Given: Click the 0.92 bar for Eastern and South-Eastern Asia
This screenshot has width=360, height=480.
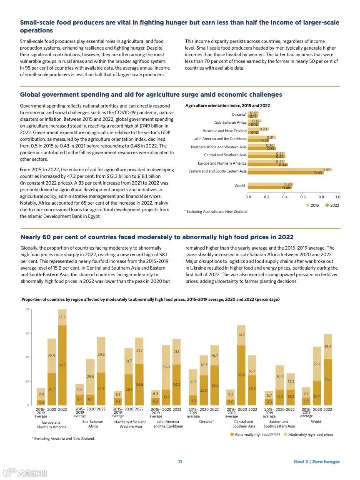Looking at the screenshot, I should point(289,170).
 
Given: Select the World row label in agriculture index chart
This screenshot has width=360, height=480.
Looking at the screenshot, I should point(239,186).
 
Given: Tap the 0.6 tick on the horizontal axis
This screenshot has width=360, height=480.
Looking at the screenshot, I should point(303,197).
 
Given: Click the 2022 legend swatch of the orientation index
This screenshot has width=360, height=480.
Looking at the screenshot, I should point(327,205).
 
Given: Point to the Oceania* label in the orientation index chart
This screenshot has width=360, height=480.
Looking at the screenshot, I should point(239,115).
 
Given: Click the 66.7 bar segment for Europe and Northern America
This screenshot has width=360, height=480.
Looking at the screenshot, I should point(62,365).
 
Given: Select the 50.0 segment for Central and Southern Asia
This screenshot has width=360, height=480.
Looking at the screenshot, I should point(241,375).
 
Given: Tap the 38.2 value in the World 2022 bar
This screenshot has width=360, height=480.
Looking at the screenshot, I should point(327,380).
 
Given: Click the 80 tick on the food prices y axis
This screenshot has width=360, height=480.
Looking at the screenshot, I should point(27,309).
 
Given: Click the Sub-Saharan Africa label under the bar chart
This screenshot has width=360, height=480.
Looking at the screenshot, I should point(92,424).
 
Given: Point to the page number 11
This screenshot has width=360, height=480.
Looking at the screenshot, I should point(180,462).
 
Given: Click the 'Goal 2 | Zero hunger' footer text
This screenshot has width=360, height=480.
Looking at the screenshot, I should point(317,462).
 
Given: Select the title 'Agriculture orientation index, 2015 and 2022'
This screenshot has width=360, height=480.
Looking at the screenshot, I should point(227,106).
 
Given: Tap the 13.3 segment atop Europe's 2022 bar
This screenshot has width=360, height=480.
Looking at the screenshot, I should point(62,317).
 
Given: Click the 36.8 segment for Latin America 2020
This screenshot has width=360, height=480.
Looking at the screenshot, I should point(166,367).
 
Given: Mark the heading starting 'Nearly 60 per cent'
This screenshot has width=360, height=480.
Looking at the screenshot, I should point(157,237).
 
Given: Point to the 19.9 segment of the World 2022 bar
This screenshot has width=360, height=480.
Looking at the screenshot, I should point(327,346).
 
